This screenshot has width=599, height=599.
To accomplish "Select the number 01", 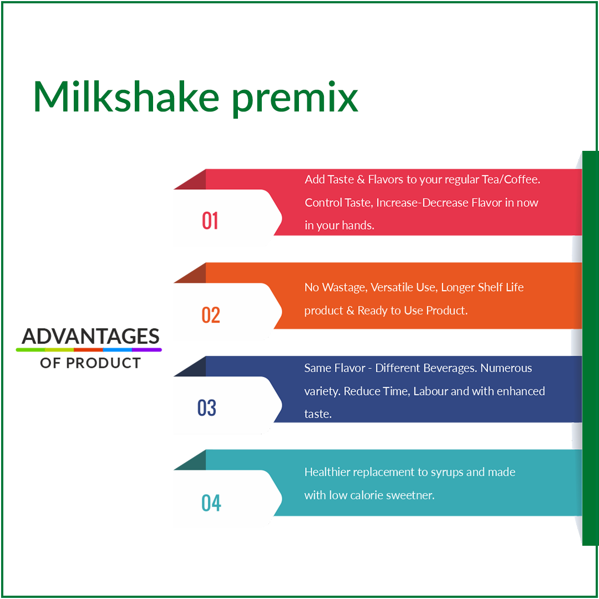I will point(210,221).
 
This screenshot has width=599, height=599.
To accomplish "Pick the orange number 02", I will point(211,315).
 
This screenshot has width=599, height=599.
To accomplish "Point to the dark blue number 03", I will point(207,408).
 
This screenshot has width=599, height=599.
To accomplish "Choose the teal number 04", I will point(211,503).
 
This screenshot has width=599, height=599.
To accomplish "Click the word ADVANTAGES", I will point(90,336).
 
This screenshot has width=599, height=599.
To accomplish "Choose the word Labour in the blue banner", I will point(430,391).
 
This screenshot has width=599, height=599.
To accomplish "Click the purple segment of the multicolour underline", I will point(147,350).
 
